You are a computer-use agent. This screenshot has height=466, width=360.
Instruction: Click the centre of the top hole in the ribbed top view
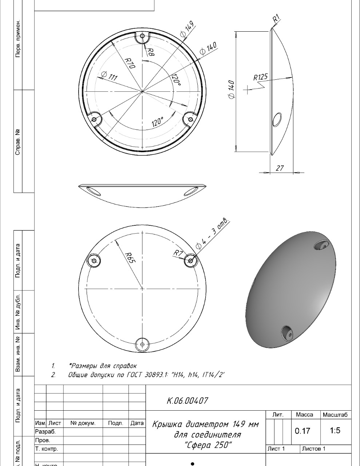[x=143, y=36]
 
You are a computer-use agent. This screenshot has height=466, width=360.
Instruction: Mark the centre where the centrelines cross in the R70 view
[x=142, y=92]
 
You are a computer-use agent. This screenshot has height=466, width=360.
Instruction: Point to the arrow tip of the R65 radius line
[x=115, y=240]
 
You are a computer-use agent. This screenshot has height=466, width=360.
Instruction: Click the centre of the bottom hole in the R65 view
[x=142, y=344]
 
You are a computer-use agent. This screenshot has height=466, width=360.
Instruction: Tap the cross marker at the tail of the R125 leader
[x=247, y=89]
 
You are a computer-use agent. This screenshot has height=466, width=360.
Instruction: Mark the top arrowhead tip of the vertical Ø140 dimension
[x=236, y=32]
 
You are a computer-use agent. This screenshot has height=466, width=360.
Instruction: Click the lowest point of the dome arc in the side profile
[x=142, y=208]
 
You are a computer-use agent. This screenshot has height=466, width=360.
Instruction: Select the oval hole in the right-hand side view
[x=277, y=119]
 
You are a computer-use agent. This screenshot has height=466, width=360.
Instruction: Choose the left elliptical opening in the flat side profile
[x=94, y=191]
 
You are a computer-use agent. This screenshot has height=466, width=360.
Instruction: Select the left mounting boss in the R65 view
[x=94, y=261]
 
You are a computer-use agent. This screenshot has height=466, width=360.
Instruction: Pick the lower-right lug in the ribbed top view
[x=190, y=119]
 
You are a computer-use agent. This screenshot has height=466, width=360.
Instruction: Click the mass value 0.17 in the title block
[x=302, y=431]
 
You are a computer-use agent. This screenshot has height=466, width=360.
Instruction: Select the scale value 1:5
[x=335, y=430]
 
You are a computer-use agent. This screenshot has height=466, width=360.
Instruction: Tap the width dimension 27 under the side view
[x=280, y=168]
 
